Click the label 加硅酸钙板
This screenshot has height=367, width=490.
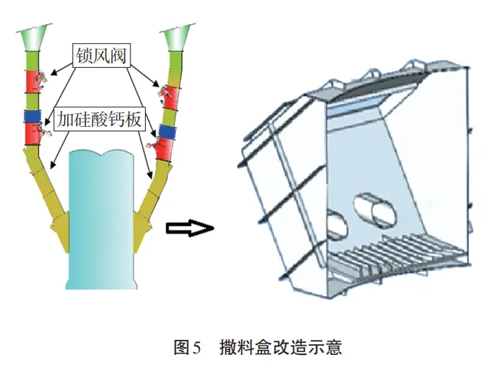coord(99,119)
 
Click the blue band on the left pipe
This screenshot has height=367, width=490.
coord(32,117)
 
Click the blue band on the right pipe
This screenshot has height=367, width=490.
coord(167,134)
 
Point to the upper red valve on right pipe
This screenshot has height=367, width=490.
coord(169,97)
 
